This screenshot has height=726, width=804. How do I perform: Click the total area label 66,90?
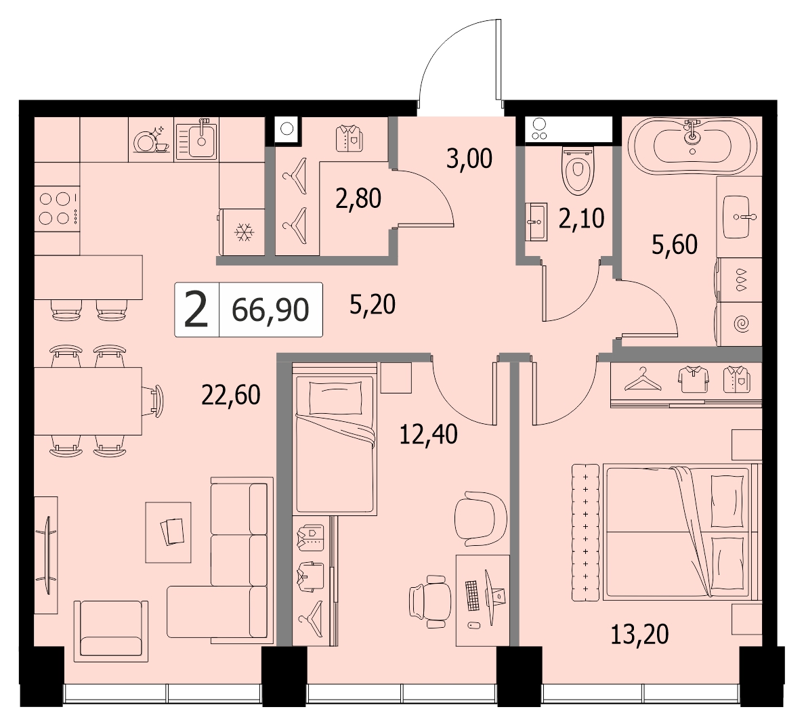[270, 309]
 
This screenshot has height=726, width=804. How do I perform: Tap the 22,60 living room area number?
[231, 395]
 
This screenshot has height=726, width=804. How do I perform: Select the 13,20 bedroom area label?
[639, 634]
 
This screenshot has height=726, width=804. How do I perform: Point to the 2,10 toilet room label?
[581, 219]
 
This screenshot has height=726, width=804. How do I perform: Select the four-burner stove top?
[57, 209]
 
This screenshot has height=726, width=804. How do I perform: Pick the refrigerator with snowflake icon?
[242, 232]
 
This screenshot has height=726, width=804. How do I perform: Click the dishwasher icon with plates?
[151, 140]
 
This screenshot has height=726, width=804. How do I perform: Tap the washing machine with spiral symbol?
[739, 324]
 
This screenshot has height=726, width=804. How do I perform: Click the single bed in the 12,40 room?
[335, 438]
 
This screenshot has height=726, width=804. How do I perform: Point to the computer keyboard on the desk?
[473, 595]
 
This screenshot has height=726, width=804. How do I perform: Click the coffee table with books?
[168, 532]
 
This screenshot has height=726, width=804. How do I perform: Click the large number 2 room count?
[196, 309]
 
